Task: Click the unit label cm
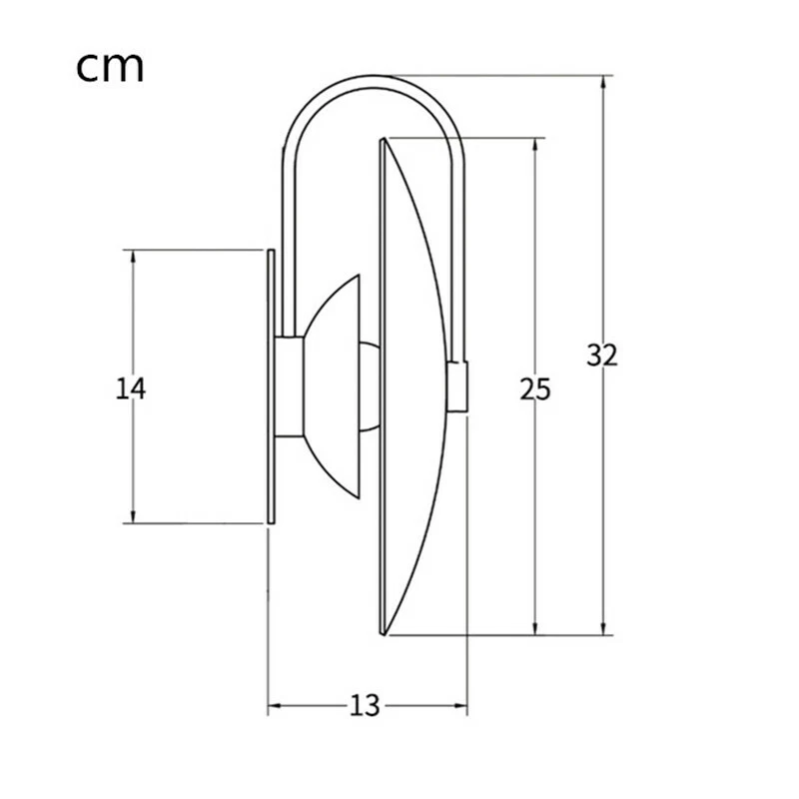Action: tap(110, 66)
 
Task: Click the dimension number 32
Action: tap(602, 355)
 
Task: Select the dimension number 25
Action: tap(535, 390)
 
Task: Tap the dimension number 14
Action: tap(131, 388)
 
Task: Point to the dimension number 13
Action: tap(366, 706)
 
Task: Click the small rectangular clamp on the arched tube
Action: tap(458, 388)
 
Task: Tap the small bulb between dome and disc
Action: tap(370, 388)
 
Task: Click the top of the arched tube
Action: tap(376, 77)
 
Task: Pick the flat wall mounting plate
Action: tap(270, 388)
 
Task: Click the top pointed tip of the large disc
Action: tap(383, 143)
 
